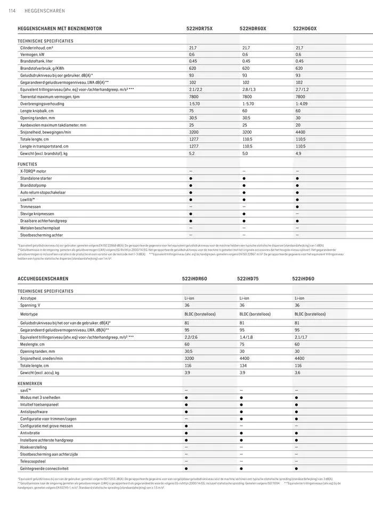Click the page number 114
(x=11, y=11)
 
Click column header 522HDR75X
(x=199, y=28)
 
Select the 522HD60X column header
(x=305, y=28)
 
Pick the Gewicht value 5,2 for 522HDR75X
(x=192, y=153)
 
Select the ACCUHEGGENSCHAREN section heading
(x=43, y=278)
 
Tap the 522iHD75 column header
(x=248, y=278)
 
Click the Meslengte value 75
(x=242, y=344)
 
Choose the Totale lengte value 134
(x=244, y=366)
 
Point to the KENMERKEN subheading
(x=30, y=383)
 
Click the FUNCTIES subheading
(x=28, y=164)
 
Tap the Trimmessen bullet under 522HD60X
(x=297, y=207)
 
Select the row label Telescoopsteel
(x=33, y=462)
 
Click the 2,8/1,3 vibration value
(x=249, y=90)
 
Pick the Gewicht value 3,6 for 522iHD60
(x=297, y=373)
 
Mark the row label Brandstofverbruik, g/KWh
(x=42, y=69)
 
